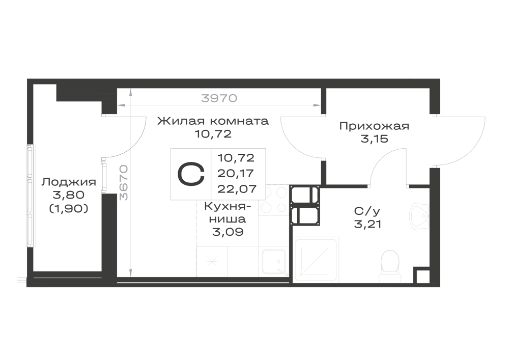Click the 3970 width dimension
click(x=219, y=98)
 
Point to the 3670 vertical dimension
click(x=124, y=183)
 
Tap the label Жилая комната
click(x=213, y=121)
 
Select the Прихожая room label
click(x=374, y=126)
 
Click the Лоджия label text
click(x=69, y=182)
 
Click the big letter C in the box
click(x=191, y=174)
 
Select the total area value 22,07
click(x=237, y=188)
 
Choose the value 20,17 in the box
click(x=236, y=173)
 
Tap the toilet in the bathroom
click(x=389, y=265)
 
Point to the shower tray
click(x=316, y=260)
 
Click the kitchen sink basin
click(x=274, y=262)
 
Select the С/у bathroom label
click(x=367, y=211)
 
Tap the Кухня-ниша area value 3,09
click(x=228, y=232)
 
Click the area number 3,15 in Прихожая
click(x=374, y=139)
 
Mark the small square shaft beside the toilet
click(x=421, y=275)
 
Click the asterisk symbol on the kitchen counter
click(x=212, y=262)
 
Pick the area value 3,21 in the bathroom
click(x=367, y=225)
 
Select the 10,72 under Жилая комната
click(x=213, y=134)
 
